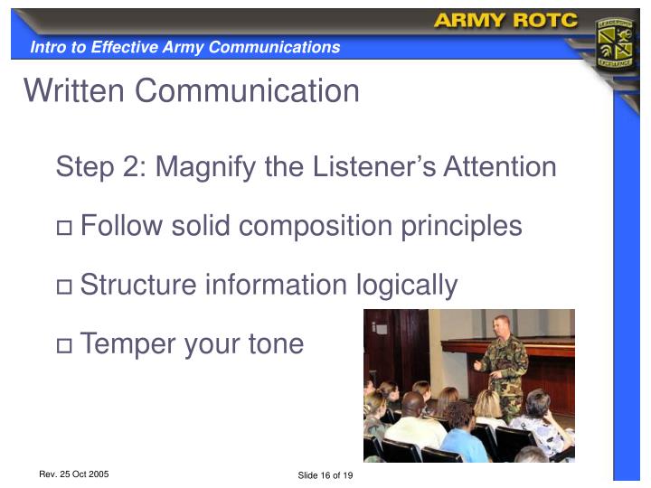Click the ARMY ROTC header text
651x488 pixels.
tap(505, 21)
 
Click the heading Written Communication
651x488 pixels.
tap(192, 90)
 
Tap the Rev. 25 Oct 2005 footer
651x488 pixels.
tap(74, 474)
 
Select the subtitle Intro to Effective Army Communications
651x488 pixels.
tap(185, 47)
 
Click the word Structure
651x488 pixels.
tap(137, 286)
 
